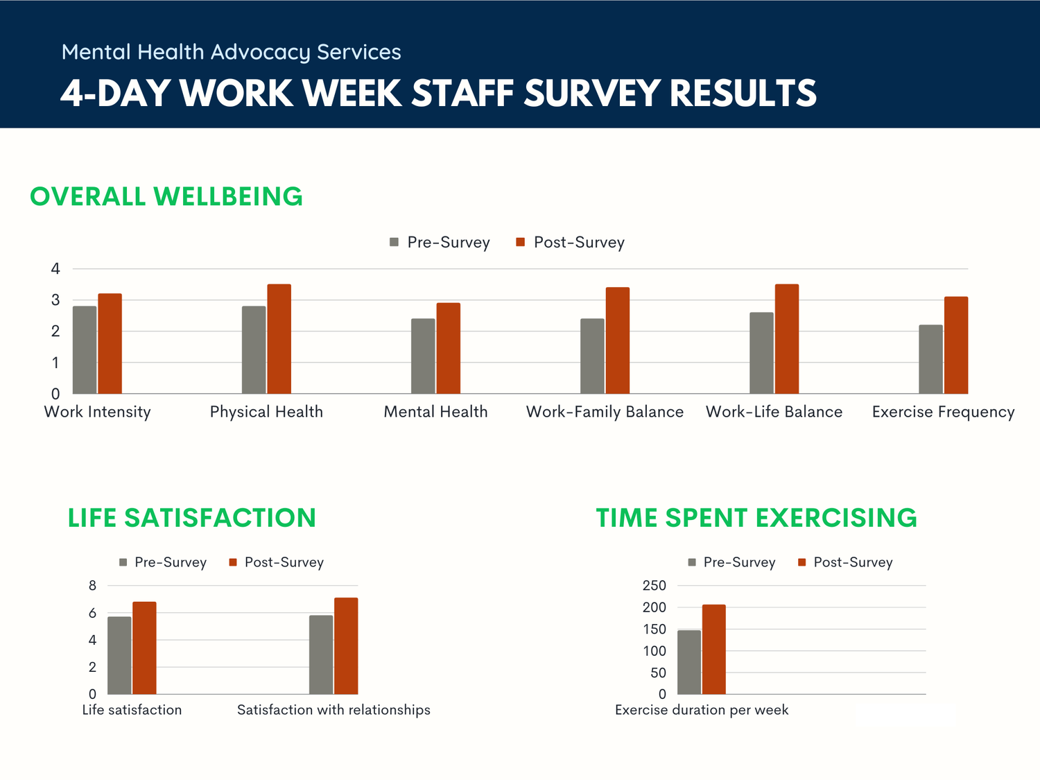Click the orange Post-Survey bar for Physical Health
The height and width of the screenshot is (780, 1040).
279,339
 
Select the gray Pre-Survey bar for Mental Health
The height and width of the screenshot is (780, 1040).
423,356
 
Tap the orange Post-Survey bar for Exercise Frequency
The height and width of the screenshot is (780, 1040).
956,345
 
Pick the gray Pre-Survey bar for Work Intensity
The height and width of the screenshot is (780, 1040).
85,350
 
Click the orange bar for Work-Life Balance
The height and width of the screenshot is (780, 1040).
787,339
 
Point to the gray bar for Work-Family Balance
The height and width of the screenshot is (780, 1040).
592,356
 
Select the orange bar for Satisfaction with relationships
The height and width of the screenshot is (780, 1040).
346,646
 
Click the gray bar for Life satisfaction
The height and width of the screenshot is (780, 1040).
119,655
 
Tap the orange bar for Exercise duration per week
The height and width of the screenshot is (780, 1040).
713,650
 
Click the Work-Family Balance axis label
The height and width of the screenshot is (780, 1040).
605,412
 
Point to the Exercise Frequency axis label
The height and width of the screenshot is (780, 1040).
943,412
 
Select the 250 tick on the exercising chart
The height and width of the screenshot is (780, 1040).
654,586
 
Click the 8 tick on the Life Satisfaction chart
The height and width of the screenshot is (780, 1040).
92,586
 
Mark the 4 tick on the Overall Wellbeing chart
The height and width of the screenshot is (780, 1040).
55,269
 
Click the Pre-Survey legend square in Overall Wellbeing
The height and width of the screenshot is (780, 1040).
395,242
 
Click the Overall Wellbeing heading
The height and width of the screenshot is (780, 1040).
166,197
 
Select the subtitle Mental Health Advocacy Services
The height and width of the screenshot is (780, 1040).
231,52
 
